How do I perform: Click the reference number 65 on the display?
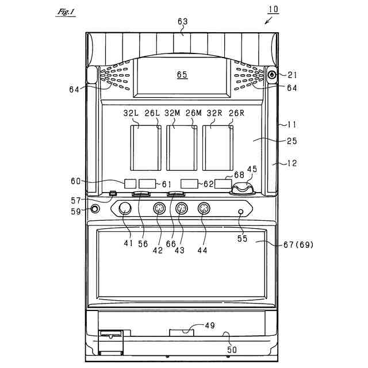[x=182, y=75]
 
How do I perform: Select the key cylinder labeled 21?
[x=272, y=75]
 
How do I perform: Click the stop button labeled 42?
[x=159, y=209]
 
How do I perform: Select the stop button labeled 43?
[x=181, y=209]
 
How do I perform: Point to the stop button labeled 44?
[x=204, y=209]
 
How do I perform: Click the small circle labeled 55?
[x=241, y=212]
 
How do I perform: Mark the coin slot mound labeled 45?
[x=244, y=187]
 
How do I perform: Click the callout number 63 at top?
[x=182, y=22]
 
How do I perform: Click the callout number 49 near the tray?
[x=209, y=325]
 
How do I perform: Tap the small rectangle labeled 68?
[x=223, y=184]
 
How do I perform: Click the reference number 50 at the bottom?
[x=231, y=348]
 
